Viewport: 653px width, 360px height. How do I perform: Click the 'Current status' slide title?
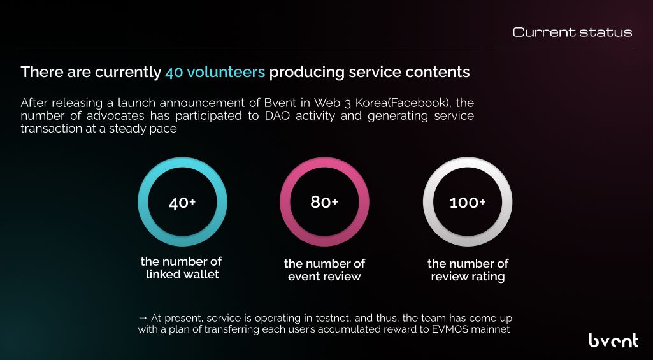pos(572,32)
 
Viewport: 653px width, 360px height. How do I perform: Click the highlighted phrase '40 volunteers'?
pos(215,72)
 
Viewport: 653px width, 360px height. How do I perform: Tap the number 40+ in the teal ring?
pos(182,203)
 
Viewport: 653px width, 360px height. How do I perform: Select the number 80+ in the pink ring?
pos(324,203)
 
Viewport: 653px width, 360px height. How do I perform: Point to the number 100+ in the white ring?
pos(468,203)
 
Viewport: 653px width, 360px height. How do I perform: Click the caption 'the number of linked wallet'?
pos(182,268)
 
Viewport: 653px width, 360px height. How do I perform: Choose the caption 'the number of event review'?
pos(324,270)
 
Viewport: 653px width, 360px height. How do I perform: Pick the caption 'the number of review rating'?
pos(468,270)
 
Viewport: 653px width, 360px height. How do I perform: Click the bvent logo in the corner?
pos(613,340)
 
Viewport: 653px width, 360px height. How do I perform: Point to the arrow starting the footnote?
pos(143,317)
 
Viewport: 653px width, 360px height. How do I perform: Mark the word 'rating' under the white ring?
pos(486,276)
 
